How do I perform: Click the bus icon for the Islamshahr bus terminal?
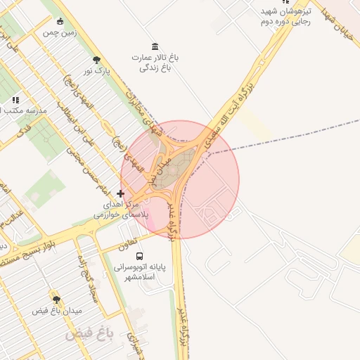tap(139, 257)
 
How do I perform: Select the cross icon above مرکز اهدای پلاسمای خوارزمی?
tap(121, 193)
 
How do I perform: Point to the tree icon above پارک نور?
tap(96, 60)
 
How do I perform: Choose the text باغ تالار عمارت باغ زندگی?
tap(155, 63)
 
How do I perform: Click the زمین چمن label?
tap(59, 32)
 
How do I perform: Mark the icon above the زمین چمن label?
tap(60, 20)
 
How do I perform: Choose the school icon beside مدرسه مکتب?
tap(15, 101)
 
